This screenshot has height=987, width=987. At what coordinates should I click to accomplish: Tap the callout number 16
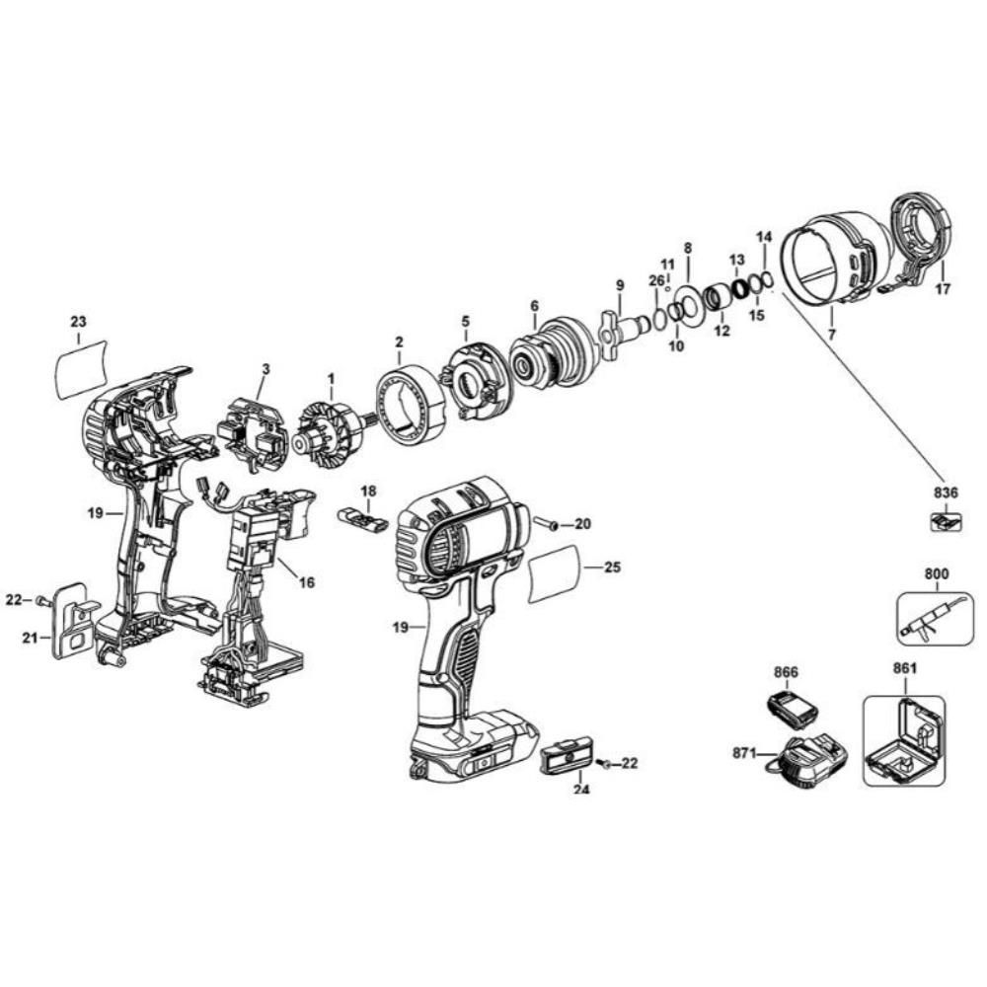[306, 583]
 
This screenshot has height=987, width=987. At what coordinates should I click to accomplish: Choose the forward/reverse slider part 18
[362, 518]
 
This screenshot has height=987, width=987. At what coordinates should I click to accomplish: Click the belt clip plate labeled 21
[68, 619]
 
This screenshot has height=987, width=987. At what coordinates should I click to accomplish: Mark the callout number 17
[943, 290]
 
